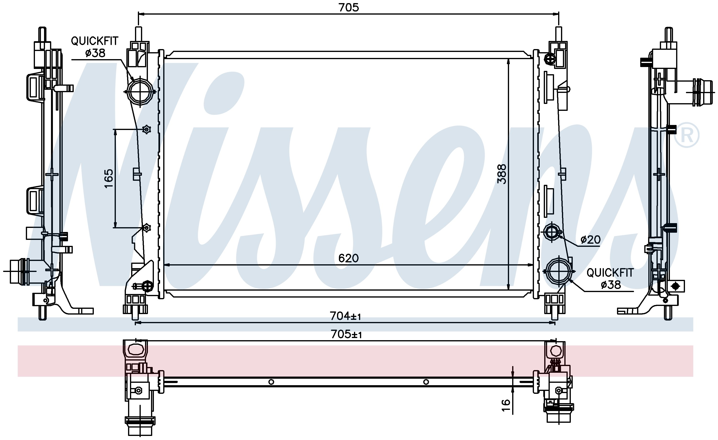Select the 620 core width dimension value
pyautogui.click(x=348, y=258)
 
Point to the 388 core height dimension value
pyautogui.click(x=502, y=174)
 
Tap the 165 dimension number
pyautogui.click(x=108, y=178)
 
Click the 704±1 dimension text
pyautogui.click(x=345, y=316)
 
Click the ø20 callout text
pyautogui.click(x=590, y=240)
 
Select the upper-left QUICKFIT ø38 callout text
pyautogui.click(x=95, y=47)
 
